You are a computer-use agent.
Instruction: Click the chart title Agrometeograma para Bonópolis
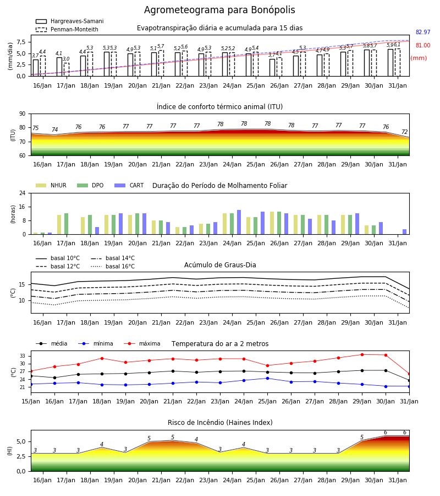point(219,10)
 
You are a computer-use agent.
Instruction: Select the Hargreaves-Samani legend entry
point(69,21)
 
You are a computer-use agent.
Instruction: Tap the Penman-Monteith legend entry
point(67,29)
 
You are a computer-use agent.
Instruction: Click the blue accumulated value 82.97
point(423,32)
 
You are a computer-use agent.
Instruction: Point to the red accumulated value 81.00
point(423,45)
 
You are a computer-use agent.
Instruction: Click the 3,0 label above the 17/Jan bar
point(66,59)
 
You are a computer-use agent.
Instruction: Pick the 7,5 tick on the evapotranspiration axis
point(21,42)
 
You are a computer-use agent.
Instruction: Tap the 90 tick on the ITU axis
point(23,114)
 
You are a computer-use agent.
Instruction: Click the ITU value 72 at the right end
point(405,132)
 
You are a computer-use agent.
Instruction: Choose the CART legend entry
point(129,185)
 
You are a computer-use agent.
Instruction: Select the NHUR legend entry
point(51,185)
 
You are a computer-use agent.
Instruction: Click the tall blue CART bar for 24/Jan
point(239,222)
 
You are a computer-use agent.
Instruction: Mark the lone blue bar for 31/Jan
point(405,232)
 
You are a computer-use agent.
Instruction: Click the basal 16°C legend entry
point(113,266)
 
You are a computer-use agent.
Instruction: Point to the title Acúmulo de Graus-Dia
point(220,265)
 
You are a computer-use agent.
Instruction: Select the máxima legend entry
point(142,343)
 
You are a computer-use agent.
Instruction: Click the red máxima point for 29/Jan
point(362,354)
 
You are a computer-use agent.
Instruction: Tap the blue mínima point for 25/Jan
point(268,378)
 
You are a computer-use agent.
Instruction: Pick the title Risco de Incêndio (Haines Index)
point(220,423)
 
